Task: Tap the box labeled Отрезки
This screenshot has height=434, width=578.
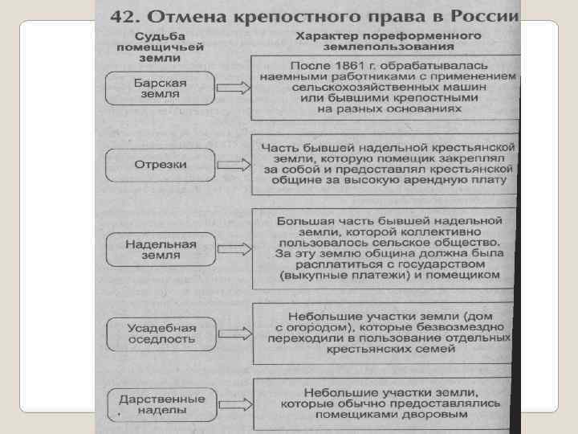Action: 160,165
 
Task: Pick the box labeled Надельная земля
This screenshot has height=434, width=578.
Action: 161,249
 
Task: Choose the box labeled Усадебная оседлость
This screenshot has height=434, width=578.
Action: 161,333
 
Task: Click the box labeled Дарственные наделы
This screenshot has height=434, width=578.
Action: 161,404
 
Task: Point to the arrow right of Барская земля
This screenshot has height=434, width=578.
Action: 232,87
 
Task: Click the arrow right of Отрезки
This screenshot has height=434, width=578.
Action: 234,166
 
